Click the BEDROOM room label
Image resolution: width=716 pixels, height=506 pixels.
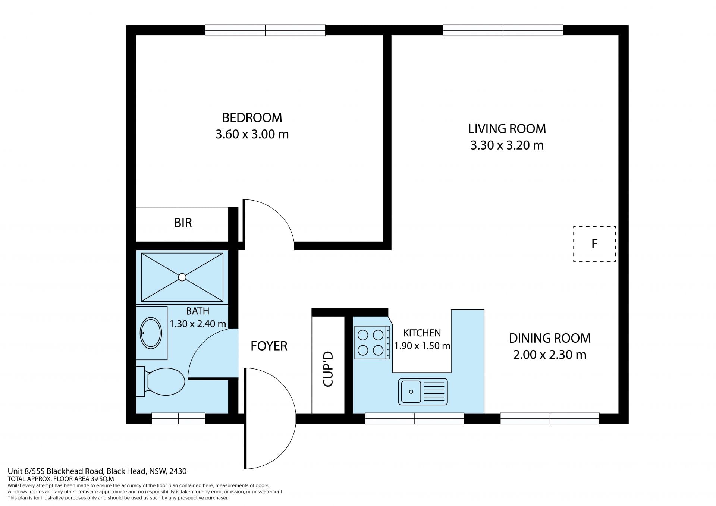pos(252,117)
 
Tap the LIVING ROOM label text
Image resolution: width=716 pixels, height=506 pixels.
pos(507,129)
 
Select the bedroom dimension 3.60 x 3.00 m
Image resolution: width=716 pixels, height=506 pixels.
pos(252,134)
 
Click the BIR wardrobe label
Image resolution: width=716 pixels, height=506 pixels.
pos(183,223)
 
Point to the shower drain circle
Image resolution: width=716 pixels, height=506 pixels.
pos(182,277)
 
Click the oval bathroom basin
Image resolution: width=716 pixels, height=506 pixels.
pos(151,333)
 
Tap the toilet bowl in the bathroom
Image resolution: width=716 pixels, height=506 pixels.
pos(166,381)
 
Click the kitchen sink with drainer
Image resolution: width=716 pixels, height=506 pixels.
pos(423,392)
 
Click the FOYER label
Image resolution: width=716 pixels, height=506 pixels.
pos(269,346)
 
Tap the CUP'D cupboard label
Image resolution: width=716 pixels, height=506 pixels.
pos(328,368)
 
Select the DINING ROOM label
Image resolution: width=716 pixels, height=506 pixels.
pos(550,338)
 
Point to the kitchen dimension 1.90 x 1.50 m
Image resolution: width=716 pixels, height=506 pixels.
pos(422,346)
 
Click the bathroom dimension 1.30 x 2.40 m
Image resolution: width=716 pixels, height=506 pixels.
pos(198,324)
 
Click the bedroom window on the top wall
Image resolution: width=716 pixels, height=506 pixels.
pos(265,30)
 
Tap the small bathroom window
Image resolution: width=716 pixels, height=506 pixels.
pos(178,418)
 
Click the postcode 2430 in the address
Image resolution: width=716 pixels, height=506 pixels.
pos(178,471)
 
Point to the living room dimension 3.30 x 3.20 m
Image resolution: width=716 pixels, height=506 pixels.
pos(507,145)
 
